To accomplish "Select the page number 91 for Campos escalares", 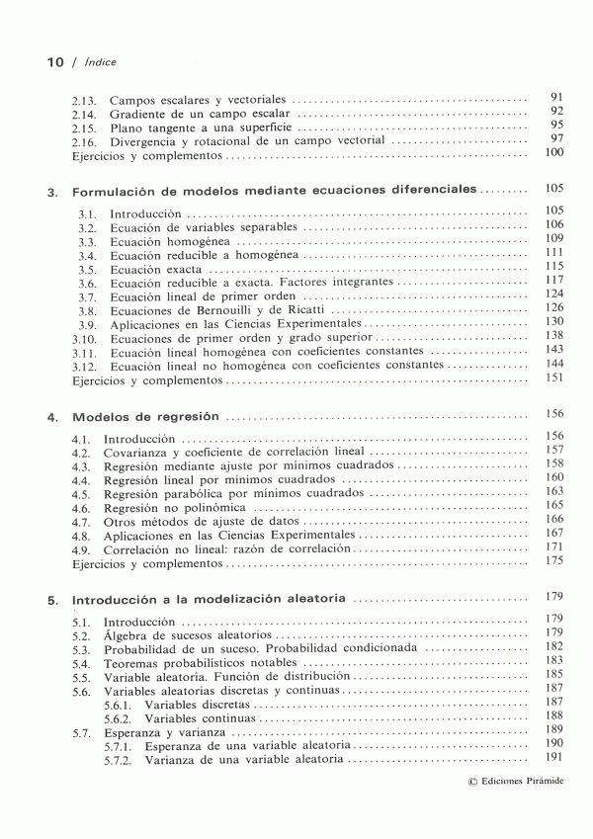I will coord(555,97).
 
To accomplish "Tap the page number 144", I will coord(553,364).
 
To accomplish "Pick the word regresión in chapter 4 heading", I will coord(187,417).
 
